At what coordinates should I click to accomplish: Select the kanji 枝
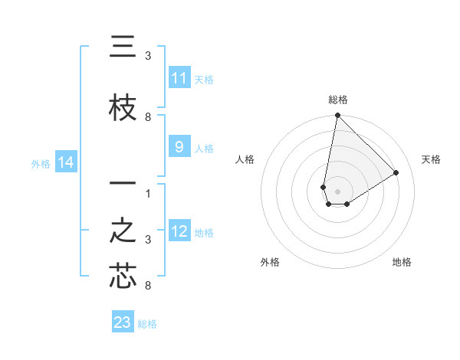pyautogui.click(x=123, y=109)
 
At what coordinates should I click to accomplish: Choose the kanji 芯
pyautogui.click(x=123, y=277)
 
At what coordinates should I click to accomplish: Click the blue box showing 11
pyautogui.click(x=179, y=78)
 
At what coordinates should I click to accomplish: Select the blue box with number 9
pyautogui.click(x=179, y=148)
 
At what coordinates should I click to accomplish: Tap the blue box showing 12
pyautogui.click(x=179, y=231)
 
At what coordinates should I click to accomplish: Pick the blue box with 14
pyautogui.click(x=65, y=162)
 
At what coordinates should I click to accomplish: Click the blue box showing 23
pyautogui.click(x=123, y=322)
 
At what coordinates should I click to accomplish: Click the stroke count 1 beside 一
pyautogui.click(x=148, y=193)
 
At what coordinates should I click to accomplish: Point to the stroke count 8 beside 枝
pyautogui.click(x=148, y=117)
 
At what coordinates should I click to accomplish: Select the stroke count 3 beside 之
pyautogui.click(x=148, y=240)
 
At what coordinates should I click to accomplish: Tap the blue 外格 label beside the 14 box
pyautogui.click(x=41, y=163)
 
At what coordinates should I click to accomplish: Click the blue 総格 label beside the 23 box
pyautogui.click(x=147, y=324)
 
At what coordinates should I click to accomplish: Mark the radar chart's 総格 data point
pyautogui.click(x=337, y=116)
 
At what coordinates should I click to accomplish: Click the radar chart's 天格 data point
pyautogui.click(x=396, y=172)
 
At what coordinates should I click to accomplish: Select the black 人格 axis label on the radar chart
pyautogui.click(x=245, y=159)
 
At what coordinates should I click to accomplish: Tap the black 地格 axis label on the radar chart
pyautogui.click(x=402, y=262)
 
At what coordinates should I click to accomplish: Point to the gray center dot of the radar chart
pyautogui.click(x=337, y=191)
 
